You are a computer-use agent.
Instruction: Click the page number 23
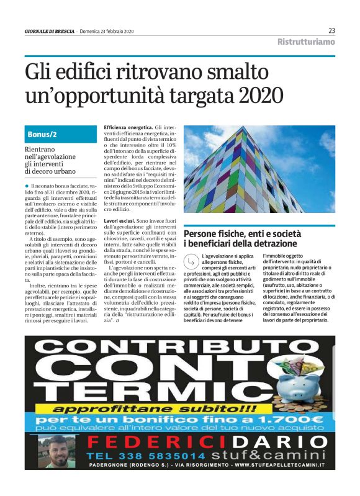pos(331,30)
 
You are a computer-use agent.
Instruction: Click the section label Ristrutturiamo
pos(306,42)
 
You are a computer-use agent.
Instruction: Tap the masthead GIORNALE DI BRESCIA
pos(49,31)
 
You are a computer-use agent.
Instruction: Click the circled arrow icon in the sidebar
pos(191,262)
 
